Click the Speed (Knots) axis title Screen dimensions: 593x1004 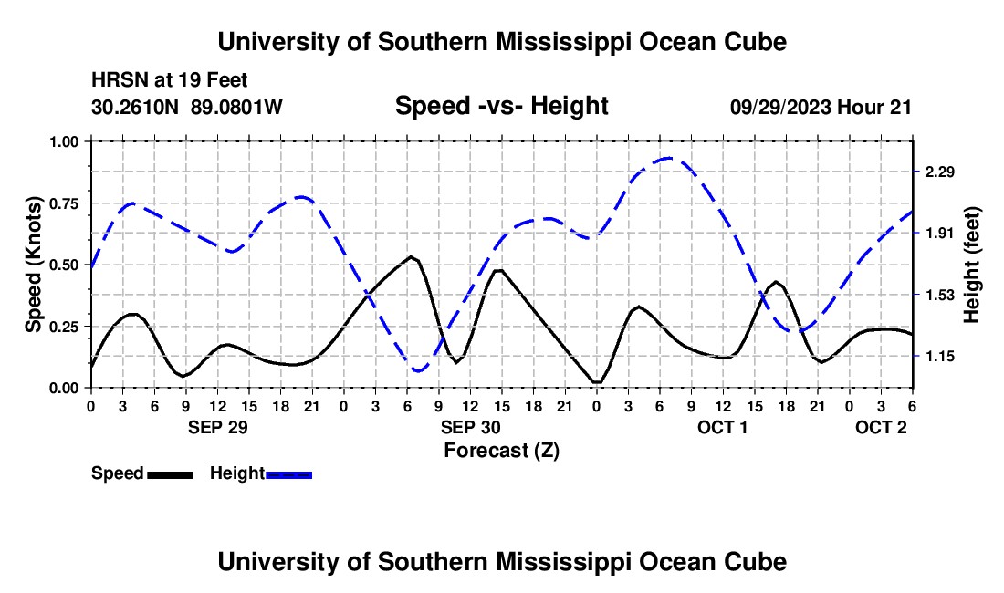34,265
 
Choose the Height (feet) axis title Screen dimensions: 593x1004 971,265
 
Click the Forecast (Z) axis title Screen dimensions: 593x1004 501,450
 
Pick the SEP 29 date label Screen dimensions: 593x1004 217,427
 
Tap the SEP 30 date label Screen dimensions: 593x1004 470,427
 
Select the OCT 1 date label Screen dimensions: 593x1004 723,427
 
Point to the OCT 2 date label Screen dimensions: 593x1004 881,427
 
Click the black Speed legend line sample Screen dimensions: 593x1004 170,474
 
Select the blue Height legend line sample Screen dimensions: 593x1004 289,474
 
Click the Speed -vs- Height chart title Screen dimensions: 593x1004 501,106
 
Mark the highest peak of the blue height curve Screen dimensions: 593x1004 669,158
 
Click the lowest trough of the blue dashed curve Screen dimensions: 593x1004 419,370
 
